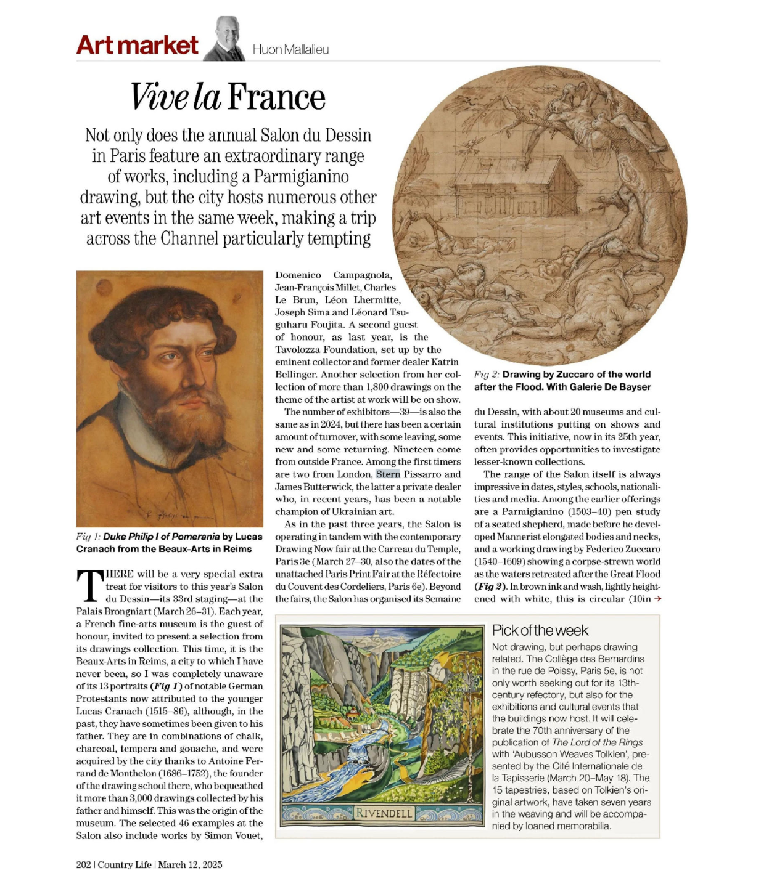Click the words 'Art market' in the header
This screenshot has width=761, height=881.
(x=137, y=46)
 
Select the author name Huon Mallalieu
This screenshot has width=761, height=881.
(x=290, y=50)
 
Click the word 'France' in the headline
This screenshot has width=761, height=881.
(x=276, y=98)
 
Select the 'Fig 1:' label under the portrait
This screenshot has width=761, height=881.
(x=88, y=537)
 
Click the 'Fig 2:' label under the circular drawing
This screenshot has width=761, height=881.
(x=486, y=375)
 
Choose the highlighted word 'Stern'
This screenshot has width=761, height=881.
(x=388, y=474)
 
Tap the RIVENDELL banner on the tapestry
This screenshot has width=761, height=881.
(x=384, y=813)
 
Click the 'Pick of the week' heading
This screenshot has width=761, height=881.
(x=540, y=630)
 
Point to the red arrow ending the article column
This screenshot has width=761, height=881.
(x=657, y=599)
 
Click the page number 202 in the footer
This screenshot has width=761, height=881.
(x=83, y=864)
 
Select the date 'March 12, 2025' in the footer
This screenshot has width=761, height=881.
(x=190, y=864)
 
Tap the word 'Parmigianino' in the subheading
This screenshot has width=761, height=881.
(x=302, y=177)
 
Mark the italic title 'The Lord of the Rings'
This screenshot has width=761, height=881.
(x=597, y=742)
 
